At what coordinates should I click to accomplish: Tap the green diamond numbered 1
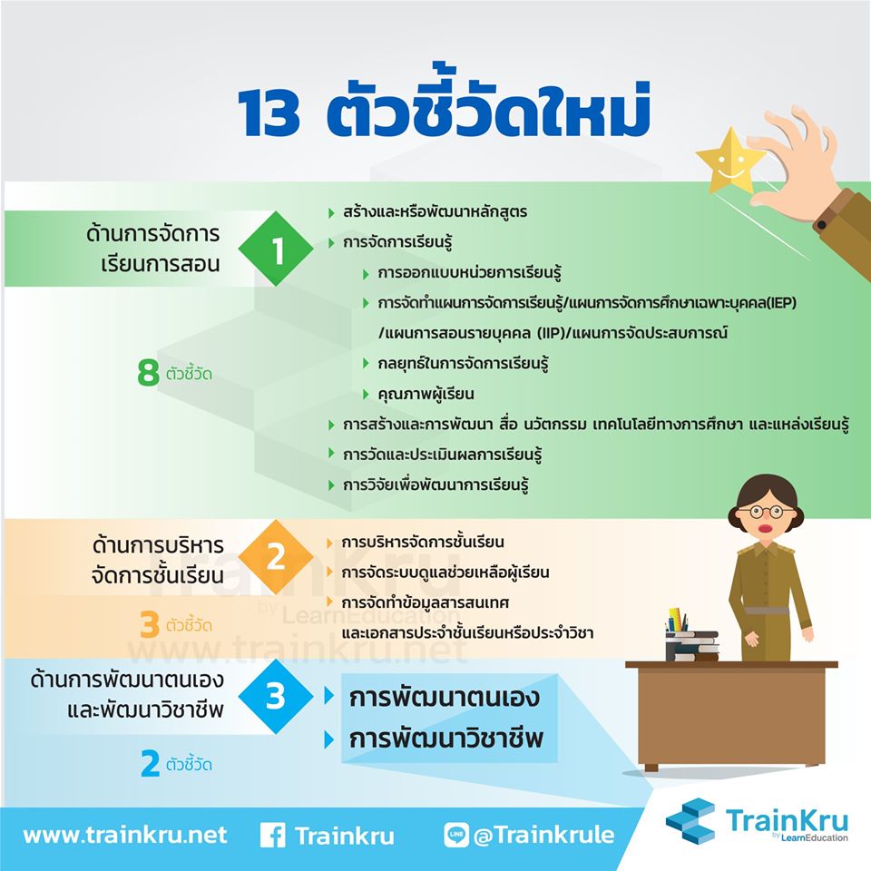click(276, 249)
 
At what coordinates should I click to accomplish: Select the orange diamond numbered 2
click(276, 557)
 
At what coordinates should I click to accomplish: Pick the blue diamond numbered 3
click(276, 697)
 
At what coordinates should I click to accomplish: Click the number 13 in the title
click(269, 113)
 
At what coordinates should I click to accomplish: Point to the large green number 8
click(148, 372)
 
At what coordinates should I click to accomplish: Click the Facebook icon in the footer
click(273, 836)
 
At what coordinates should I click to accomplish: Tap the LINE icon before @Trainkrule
click(456, 835)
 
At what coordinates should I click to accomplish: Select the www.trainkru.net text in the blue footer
click(125, 836)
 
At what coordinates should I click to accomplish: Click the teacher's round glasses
click(767, 512)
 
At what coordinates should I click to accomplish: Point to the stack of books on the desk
click(691, 645)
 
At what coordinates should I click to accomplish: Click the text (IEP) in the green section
click(780, 303)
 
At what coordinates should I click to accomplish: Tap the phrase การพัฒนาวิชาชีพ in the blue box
click(445, 739)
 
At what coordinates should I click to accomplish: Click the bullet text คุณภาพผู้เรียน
click(426, 394)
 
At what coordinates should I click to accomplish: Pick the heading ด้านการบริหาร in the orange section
click(158, 545)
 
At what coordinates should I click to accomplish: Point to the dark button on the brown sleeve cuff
click(822, 225)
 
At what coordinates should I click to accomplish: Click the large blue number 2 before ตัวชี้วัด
click(150, 763)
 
